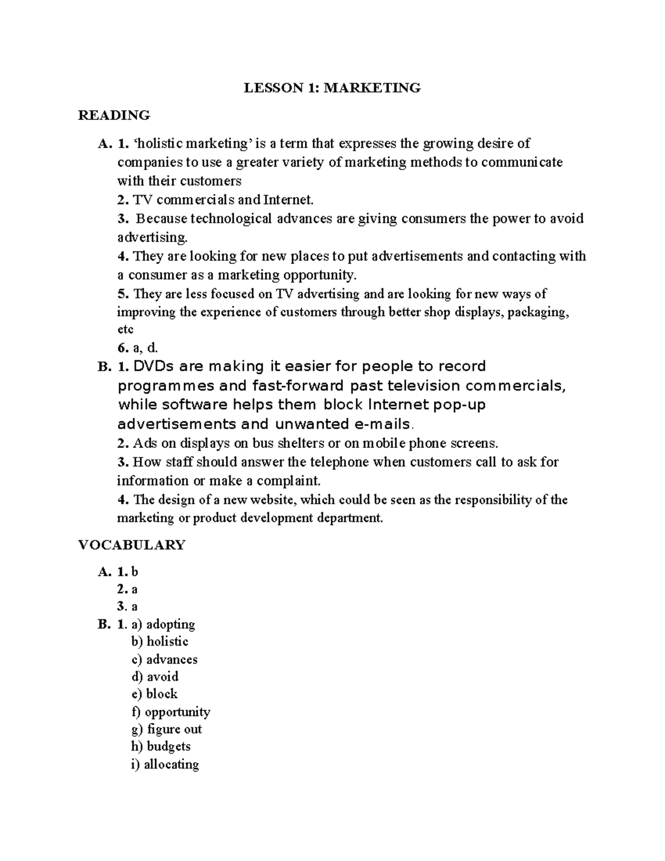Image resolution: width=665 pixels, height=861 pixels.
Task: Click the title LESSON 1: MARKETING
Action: (333, 88)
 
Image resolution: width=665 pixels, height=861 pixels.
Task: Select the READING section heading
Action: (114, 115)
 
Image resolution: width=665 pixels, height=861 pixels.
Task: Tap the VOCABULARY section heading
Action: (131, 545)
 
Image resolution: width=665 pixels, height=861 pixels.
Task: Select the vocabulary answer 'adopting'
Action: (171, 624)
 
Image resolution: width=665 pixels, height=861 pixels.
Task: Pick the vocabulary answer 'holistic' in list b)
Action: (167, 641)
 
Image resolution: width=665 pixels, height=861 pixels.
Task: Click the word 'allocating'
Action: (171, 765)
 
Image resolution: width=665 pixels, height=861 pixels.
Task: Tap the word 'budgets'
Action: (168, 746)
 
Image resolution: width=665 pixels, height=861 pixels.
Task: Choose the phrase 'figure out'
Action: (175, 729)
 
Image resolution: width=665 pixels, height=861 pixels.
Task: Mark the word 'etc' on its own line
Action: (125, 329)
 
